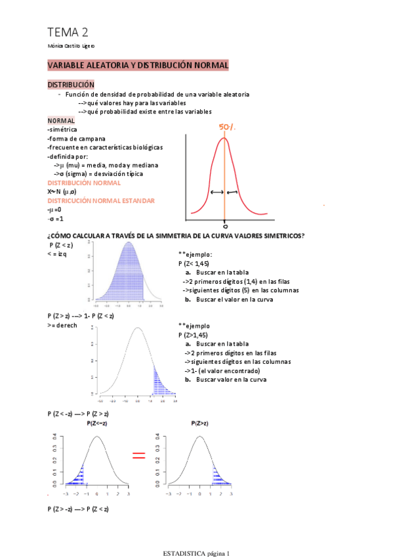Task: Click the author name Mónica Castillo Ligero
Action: [71, 46]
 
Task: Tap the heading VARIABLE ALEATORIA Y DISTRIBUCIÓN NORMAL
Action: [138, 66]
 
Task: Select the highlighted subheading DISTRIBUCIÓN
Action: [71, 85]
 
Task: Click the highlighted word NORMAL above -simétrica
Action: [61, 121]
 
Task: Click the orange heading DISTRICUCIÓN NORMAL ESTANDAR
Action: [101, 200]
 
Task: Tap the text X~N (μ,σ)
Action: [62, 191]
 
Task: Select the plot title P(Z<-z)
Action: [98, 424]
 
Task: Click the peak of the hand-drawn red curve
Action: [224, 138]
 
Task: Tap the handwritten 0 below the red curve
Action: [224, 224]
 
